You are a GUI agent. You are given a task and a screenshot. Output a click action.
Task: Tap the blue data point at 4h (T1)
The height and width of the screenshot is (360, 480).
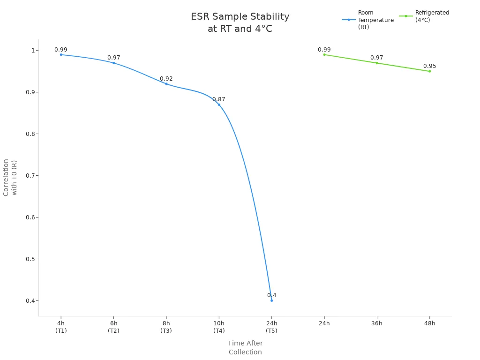61,55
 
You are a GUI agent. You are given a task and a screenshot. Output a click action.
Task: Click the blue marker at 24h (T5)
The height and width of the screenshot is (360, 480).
271,300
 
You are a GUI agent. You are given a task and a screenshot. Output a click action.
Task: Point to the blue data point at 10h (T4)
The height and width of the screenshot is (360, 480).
219,105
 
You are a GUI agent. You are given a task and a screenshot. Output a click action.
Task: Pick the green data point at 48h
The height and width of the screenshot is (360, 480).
429,71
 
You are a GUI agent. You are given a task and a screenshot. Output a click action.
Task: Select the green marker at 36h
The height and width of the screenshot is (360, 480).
377,63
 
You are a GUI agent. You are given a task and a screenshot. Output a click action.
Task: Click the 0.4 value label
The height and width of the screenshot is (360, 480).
271,295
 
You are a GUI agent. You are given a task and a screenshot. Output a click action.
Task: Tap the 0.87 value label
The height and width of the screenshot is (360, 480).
219,99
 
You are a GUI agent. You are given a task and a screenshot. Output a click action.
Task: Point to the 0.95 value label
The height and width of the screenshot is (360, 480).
429,66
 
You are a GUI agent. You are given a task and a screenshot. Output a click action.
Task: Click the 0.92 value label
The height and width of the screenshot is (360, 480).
166,79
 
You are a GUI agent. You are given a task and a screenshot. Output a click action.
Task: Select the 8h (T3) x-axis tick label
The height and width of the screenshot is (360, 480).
166,327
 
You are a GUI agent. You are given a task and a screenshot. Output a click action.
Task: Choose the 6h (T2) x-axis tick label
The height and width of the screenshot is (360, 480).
114,327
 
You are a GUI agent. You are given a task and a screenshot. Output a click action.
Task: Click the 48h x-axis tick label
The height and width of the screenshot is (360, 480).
429,323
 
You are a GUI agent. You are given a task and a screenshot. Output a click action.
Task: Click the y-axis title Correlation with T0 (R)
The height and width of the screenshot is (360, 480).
10,178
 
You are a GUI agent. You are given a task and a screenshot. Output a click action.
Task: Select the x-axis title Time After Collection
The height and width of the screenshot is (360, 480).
245,348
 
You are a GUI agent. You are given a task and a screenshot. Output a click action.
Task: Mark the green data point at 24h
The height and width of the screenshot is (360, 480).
324,55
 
